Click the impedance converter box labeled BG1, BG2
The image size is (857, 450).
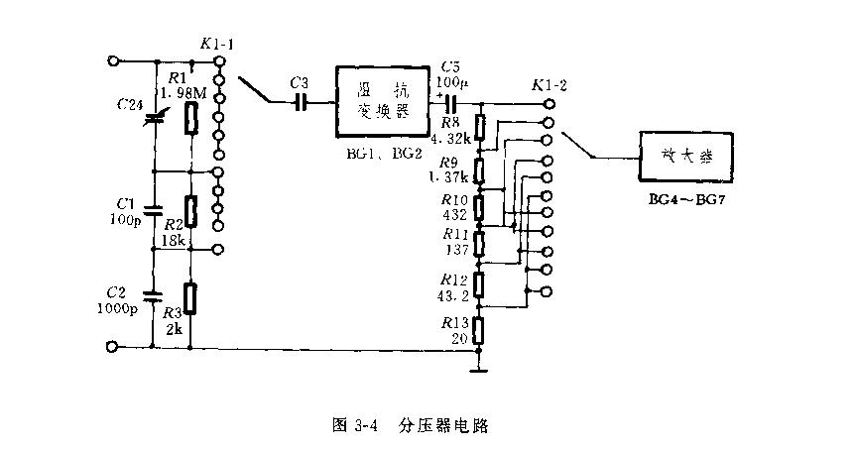(382, 102)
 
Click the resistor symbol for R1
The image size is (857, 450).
(191, 118)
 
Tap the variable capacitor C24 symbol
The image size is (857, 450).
(153, 119)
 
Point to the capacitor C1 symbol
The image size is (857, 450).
(153, 210)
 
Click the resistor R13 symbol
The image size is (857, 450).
(480, 330)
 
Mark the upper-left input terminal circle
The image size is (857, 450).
(114, 60)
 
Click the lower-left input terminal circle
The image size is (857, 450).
(114, 347)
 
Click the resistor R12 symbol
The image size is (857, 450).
(480, 285)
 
